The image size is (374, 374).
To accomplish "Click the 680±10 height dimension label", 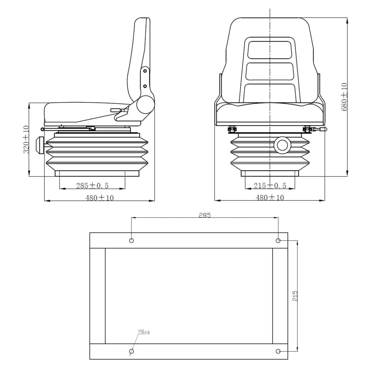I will tap(344, 97).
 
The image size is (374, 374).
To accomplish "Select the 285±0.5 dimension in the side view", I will tap(92, 186).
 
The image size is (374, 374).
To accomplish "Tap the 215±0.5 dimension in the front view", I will tap(270, 186).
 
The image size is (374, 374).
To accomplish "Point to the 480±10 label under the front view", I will tap(270, 198).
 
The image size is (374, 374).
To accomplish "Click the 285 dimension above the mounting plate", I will tap(205, 215).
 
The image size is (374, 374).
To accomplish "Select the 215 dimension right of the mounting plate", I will tap(295, 296).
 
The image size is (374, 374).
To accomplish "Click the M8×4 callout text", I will tap(144, 332).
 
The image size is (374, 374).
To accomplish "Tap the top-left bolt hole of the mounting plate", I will tap(131, 240).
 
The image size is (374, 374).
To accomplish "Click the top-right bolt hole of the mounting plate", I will tap(278, 240).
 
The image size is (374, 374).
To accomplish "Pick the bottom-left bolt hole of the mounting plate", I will tap(131, 351).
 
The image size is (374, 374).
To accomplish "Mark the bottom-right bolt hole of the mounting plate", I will tap(278, 351).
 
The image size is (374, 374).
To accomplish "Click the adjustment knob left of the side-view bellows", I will tap(39, 145).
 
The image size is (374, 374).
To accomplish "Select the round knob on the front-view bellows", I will tap(282, 145).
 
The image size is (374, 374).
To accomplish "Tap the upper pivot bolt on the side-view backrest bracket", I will tap(145, 71).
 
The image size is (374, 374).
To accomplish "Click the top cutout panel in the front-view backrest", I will tap(270, 50).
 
